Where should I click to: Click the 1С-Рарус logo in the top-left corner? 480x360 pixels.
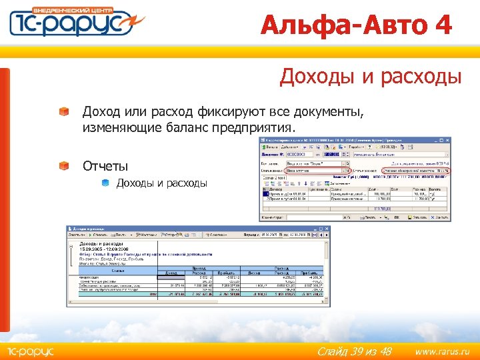tap(73, 23)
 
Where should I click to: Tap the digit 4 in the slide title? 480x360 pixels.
tap(441, 25)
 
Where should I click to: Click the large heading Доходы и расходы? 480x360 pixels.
tap(371, 77)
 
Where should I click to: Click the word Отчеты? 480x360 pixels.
tap(105, 165)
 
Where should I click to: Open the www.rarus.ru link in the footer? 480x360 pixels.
tap(442, 351)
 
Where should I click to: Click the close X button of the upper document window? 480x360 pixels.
tap(447, 141)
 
